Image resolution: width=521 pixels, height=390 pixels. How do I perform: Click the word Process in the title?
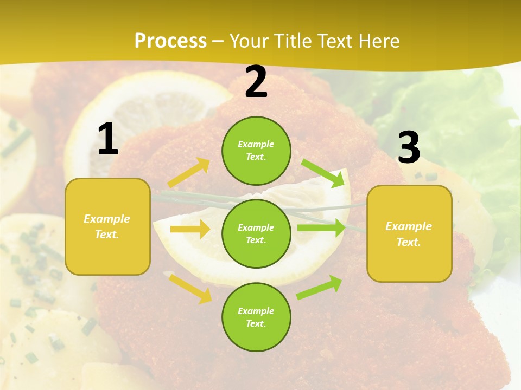(x=170, y=41)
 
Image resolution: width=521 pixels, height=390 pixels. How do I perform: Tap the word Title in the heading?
(x=294, y=41)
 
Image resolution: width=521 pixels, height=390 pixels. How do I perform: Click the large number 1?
(x=108, y=139)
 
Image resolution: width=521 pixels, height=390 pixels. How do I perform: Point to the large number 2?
(x=256, y=82)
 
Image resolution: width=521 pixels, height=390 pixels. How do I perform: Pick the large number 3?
(x=409, y=147)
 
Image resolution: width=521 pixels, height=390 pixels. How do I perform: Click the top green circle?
(x=256, y=151)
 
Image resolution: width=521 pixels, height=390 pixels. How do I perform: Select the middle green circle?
(x=256, y=233)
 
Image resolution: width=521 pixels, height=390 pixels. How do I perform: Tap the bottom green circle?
(x=256, y=317)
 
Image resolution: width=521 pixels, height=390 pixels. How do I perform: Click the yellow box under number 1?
(x=107, y=226)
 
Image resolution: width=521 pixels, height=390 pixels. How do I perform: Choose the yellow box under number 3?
(x=409, y=233)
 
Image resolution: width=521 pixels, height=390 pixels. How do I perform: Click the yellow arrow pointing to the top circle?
(x=189, y=173)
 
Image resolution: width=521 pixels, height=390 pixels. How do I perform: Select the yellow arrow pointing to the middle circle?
(x=190, y=229)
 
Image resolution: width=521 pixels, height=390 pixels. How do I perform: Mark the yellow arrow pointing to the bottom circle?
(x=190, y=288)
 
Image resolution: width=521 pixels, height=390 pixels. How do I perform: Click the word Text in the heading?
(x=335, y=41)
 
